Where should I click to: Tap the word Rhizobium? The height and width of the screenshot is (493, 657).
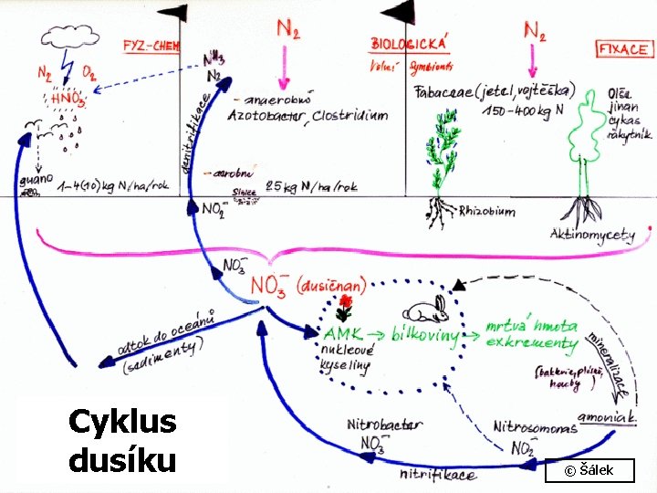(485, 211)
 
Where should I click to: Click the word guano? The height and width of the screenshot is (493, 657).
(36, 181)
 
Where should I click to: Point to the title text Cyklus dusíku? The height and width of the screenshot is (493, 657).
(122, 441)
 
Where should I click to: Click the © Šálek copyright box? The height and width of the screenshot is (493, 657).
(589, 470)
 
